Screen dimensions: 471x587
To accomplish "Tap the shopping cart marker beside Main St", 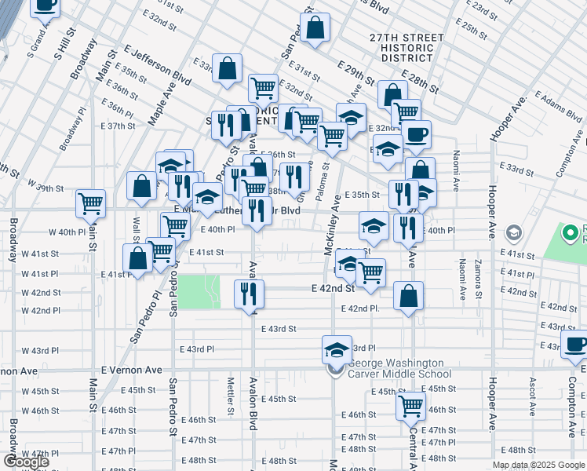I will (x=91, y=203).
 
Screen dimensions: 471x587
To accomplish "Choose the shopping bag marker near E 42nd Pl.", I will (x=408, y=296).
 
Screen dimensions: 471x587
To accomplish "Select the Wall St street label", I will (x=137, y=232).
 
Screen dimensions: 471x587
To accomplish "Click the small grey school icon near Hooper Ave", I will (x=513, y=232).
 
